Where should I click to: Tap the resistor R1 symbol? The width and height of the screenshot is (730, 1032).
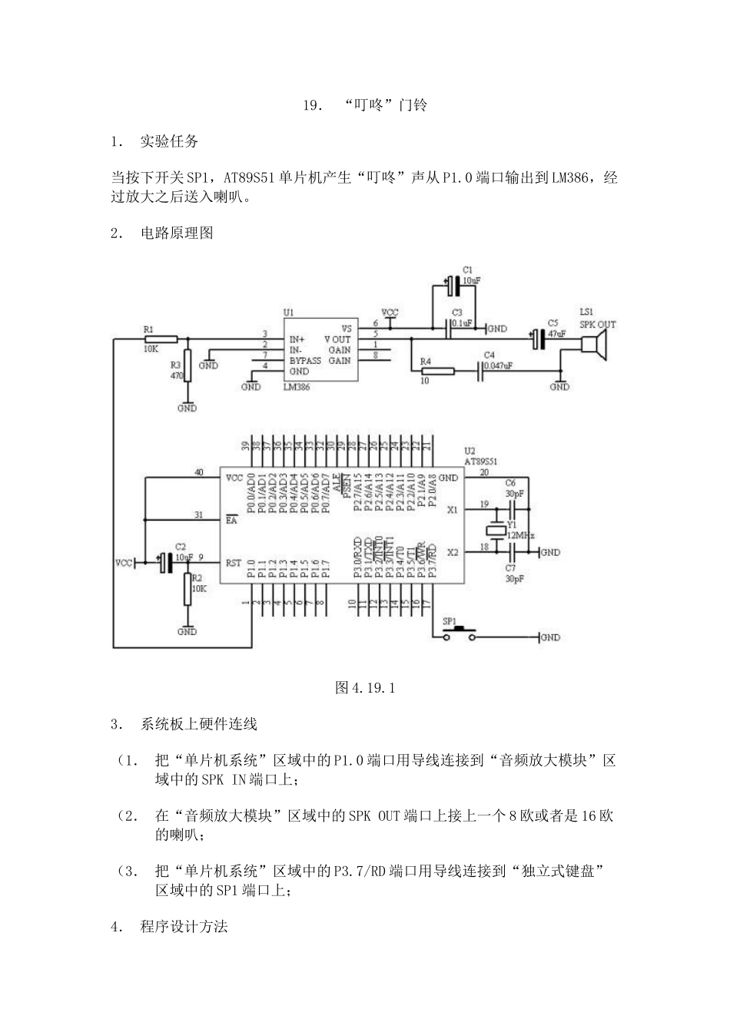161,339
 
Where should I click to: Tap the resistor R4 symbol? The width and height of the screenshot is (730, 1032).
437,372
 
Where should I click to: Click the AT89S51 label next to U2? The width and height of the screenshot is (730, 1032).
481,462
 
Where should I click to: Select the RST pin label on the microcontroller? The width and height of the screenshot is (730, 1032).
234,563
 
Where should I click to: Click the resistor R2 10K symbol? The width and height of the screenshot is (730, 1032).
187,589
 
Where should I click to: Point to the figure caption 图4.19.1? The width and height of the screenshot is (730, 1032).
365,687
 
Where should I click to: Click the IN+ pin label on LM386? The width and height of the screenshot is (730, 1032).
297,339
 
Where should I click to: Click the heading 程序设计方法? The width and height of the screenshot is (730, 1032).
184,926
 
